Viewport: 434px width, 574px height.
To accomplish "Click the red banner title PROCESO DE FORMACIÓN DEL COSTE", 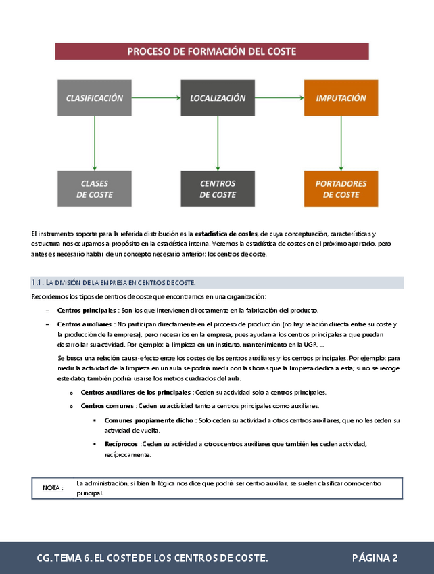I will [212, 51].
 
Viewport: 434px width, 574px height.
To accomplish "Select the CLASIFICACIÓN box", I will [95, 98].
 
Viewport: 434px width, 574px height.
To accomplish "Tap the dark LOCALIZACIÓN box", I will [218, 98].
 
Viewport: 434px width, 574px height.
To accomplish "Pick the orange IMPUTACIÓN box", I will [341, 98].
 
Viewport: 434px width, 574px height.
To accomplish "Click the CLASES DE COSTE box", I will [95, 189].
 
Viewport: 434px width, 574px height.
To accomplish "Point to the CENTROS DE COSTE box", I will [218, 189].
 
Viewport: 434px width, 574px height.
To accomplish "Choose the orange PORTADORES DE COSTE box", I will [341, 189].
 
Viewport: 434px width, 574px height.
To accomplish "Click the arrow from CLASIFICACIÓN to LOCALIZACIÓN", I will [155, 98].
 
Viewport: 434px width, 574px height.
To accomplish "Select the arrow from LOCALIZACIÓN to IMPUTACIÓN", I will [279, 98].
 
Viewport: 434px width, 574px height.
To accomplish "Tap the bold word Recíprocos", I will [121, 444].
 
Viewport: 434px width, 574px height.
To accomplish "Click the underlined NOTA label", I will [53, 487].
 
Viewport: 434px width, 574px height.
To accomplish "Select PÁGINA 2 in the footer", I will [375, 558].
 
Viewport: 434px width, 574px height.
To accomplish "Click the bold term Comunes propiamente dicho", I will [149, 420].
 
